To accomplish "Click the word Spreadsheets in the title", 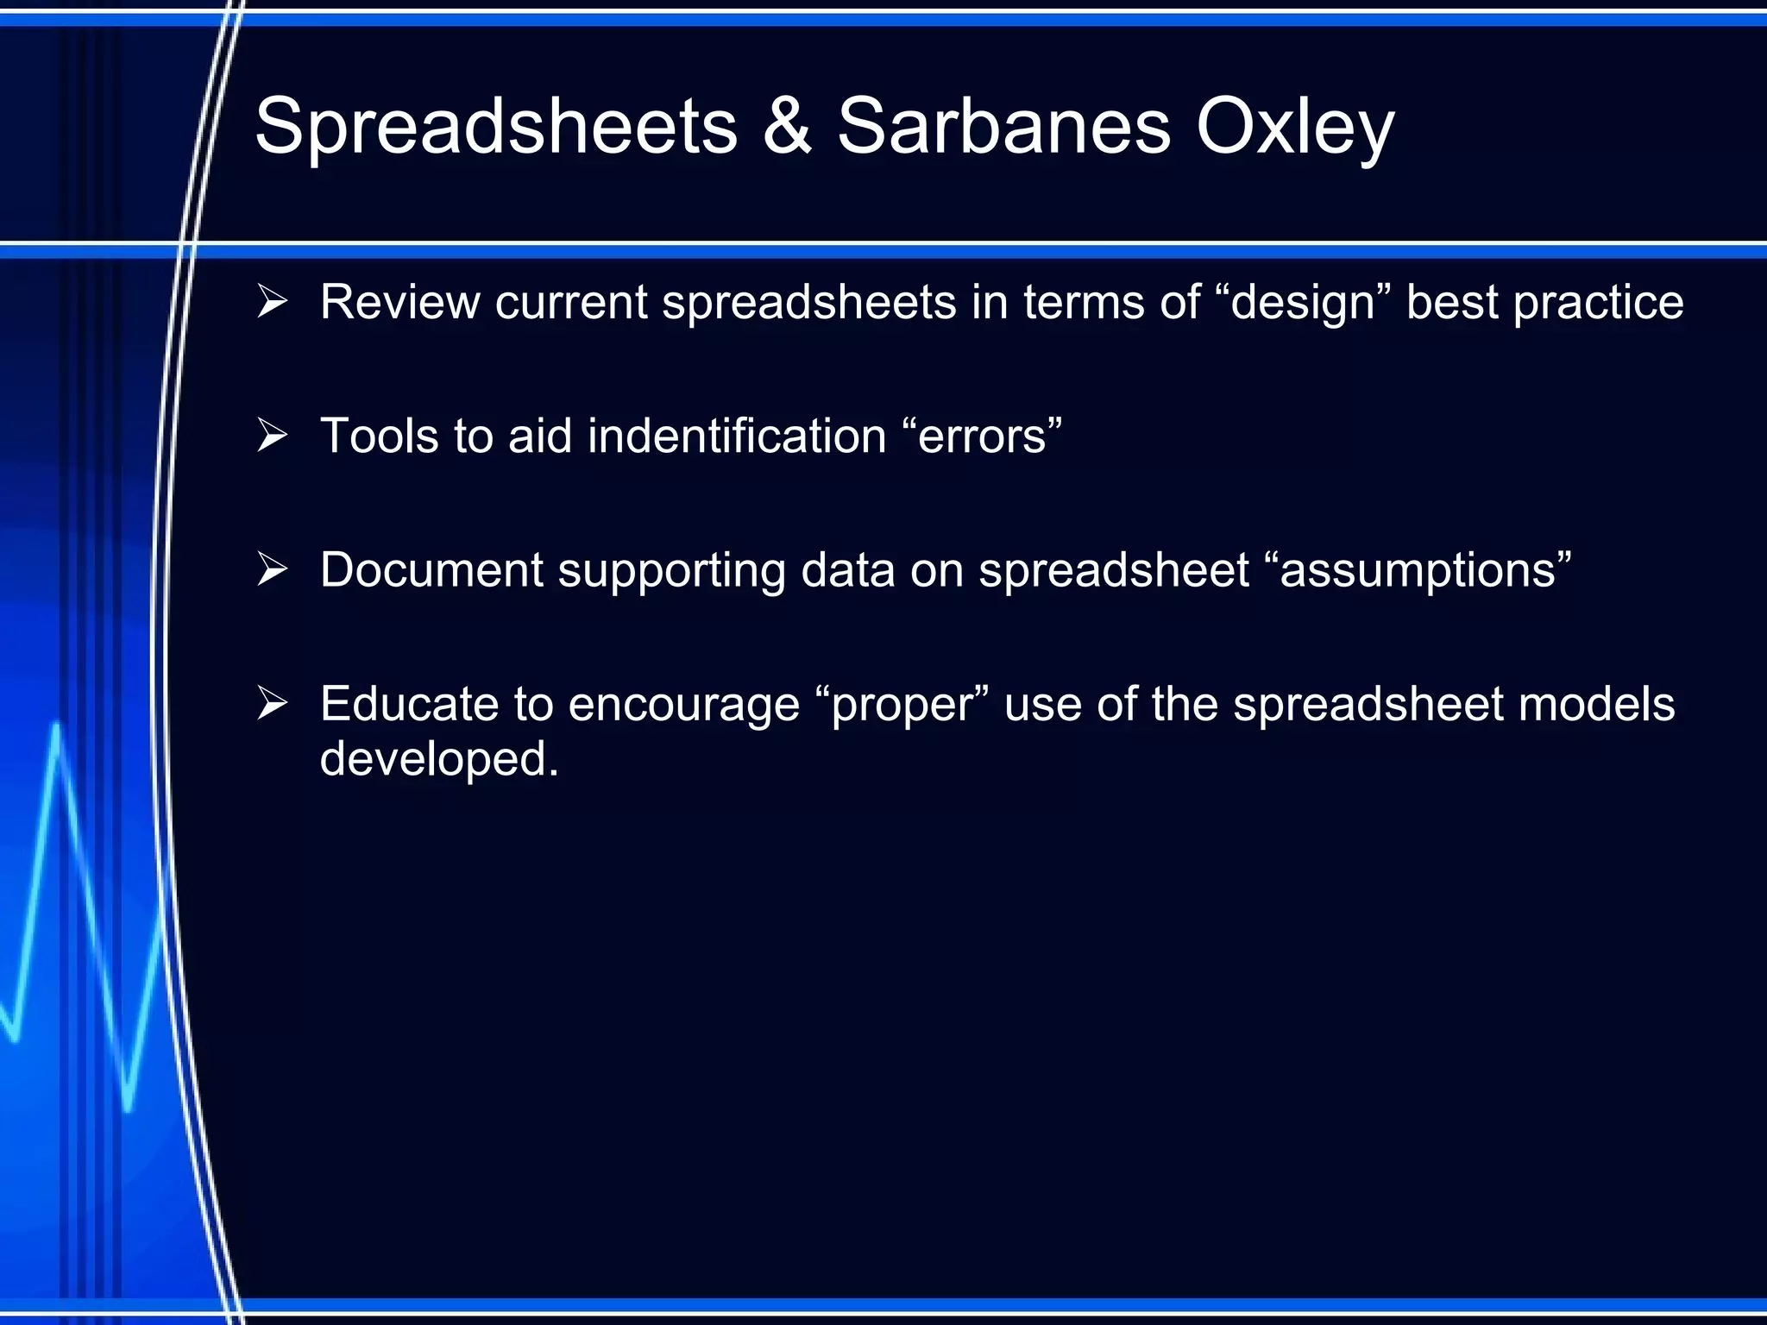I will (x=496, y=128).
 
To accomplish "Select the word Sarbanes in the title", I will (x=1003, y=128).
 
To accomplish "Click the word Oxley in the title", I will (x=1294, y=128).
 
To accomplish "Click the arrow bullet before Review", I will (x=272, y=302).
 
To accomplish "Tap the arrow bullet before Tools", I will (x=272, y=436).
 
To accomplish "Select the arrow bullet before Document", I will (x=272, y=569).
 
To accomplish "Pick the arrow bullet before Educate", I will (x=272, y=703).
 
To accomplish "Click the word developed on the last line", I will (x=438, y=759).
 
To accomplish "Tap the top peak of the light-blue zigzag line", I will (x=57, y=727).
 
